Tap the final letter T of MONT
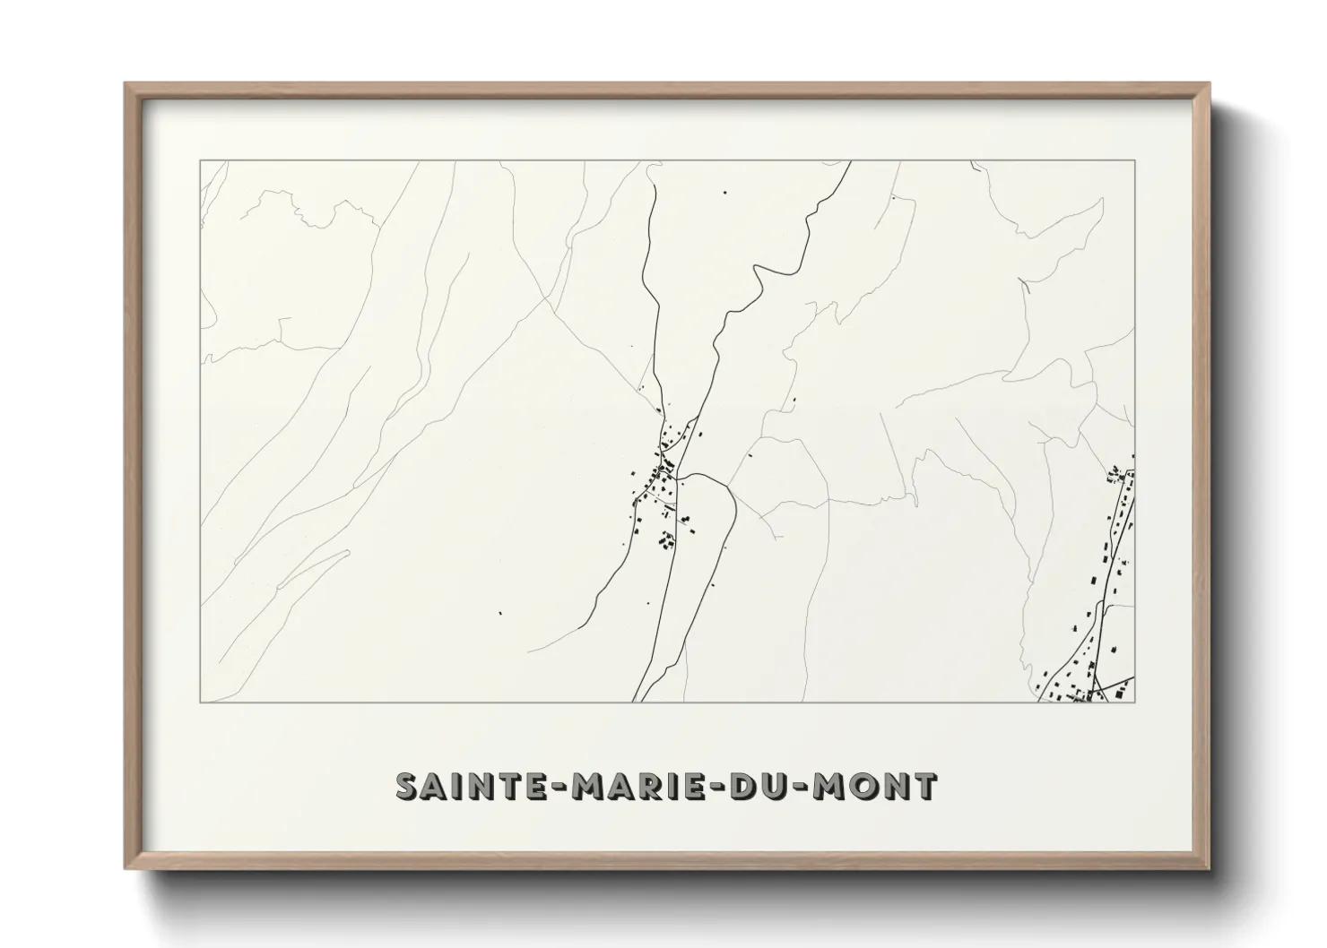(x=925, y=786)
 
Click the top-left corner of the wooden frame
(x=126, y=84)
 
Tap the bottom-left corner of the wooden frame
(x=126, y=867)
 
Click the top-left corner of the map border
(x=200, y=160)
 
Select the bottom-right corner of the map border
(x=1135, y=702)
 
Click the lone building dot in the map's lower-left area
(x=499, y=614)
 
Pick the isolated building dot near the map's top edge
(x=724, y=191)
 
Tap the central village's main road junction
(x=678, y=473)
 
